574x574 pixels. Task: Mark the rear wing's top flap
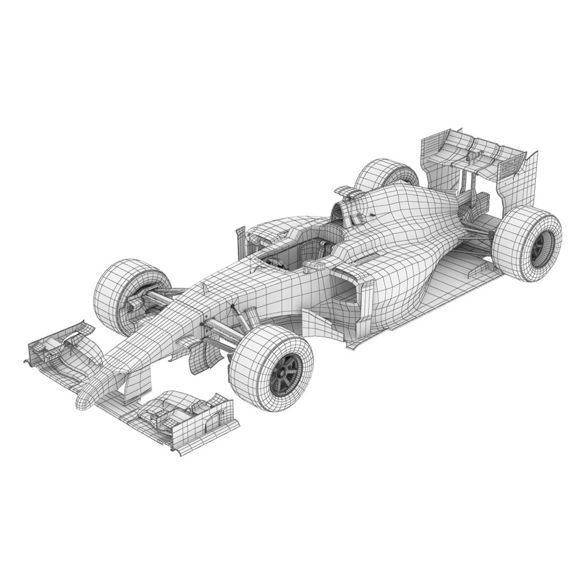[468, 143]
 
